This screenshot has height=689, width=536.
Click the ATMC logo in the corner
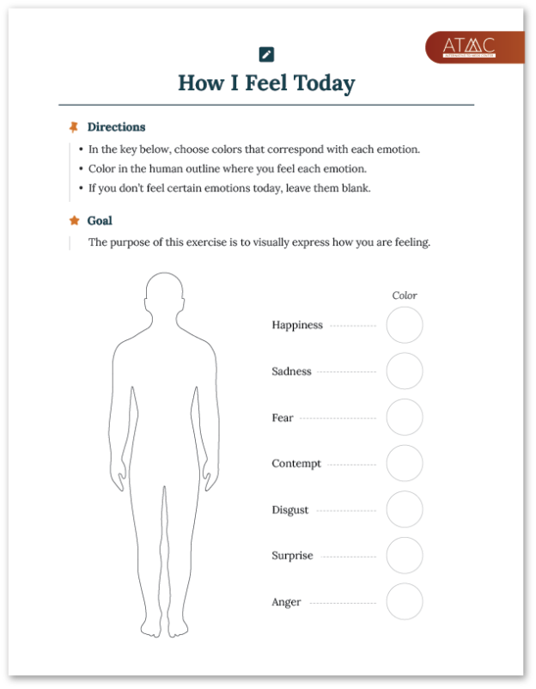coord(473,46)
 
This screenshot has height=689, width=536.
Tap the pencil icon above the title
coord(266,54)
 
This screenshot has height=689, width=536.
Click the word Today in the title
coord(323,83)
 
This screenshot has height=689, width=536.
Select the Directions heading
coord(116,127)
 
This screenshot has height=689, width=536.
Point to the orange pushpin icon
coord(74,127)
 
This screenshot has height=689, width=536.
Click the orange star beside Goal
coord(74,221)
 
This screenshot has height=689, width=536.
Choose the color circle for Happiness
coord(404,326)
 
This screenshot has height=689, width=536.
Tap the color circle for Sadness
coord(404,371)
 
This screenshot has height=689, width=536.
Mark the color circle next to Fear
coord(404,418)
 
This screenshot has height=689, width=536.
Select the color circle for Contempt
coord(404,463)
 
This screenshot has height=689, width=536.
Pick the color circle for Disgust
coord(404,509)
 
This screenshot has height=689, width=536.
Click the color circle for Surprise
coord(404,556)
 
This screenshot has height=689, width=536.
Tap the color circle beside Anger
coord(404,601)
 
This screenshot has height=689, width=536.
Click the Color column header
coord(405,296)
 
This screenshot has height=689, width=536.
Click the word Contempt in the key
coord(296,464)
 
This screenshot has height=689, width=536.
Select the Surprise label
coord(292,556)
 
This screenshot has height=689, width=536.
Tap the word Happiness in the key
coord(297,326)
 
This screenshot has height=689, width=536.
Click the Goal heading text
coord(100,221)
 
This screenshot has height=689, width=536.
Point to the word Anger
coord(286,602)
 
